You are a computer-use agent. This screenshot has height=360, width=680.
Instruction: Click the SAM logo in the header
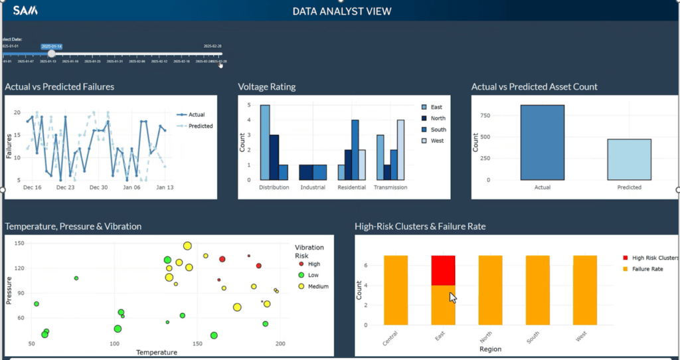pyautogui.click(x=25, y=10)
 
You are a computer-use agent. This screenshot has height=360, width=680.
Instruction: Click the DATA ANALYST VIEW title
pyautogui.click(x=342, y=11)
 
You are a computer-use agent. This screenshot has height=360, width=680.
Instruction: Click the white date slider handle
pyautogui.click(x=52, y=54)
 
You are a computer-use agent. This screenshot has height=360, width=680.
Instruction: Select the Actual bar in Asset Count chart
pyautogui.click(x=542, y=142)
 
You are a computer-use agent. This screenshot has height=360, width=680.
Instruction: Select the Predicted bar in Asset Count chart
pyautogui.click(x=629, y=159)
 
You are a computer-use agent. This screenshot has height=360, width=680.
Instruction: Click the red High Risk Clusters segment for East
pyautogui.click(x=443, y=270)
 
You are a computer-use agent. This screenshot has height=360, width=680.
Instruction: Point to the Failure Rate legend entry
pyautogui.click(x=647, y=268)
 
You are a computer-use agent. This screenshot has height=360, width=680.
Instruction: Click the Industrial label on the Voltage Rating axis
pyautogui.click(x=313, y=187)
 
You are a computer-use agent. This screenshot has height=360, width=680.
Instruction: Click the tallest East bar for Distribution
pyautogui.click(x=264, y=142)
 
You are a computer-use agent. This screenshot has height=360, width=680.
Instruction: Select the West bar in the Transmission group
pyautogui.click(x=400, y=149)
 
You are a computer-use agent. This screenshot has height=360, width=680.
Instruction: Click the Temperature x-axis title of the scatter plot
pyautogui.click(x=157, y=352)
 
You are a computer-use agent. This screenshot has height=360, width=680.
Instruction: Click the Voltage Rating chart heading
pyautogui.click(x=267, y=86)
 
